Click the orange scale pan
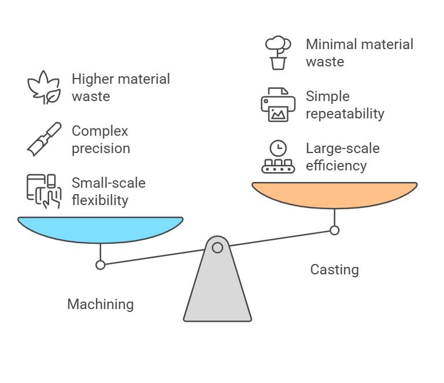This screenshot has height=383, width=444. point(334,195)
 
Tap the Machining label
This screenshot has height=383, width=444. point(100,304)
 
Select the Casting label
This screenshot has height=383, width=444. point(334,269)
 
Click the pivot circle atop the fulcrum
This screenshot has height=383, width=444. point(217,248)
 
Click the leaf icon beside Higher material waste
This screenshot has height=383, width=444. point(44,87)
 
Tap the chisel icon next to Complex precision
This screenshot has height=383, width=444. point(44,139)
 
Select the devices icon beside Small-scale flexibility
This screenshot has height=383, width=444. point(44,191)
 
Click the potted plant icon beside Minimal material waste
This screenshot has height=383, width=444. point(278,53)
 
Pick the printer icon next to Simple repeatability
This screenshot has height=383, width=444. point(278,105)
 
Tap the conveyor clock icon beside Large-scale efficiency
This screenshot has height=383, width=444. point(278,157)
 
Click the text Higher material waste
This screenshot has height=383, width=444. point(120,87)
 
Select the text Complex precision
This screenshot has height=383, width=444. point(101,139)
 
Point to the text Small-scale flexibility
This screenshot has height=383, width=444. point(108,191)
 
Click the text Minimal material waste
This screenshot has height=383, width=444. point(359,53)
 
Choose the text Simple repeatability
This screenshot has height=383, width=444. point(345,105)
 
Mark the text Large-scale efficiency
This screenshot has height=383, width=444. point(342,157)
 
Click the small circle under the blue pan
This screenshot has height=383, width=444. point(101,265)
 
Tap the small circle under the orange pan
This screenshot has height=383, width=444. point(334,230)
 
